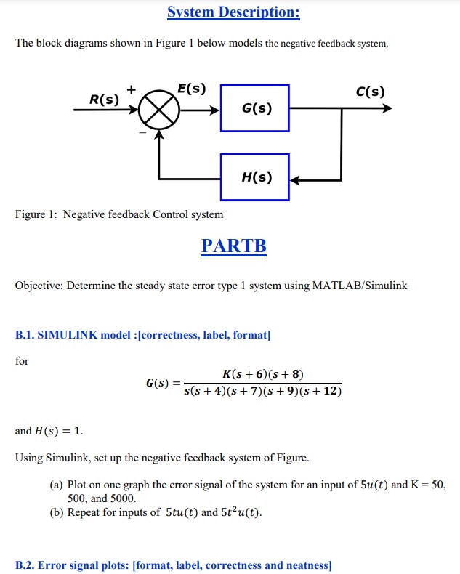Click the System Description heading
233,12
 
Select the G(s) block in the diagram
255,108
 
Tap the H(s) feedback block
255,177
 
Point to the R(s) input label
103,99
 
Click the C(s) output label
370,92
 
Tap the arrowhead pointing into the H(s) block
295,179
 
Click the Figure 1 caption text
119,214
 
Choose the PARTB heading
233,246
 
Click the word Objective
40,286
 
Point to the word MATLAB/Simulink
359,286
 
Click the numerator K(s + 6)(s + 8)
262,374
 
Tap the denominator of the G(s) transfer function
262,392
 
